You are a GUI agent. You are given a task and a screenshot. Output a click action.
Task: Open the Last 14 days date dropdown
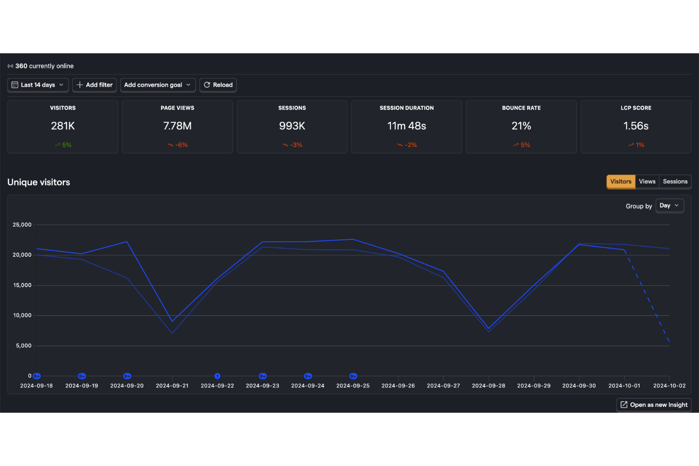coord(38,85)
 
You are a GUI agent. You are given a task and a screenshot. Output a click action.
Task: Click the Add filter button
coord(94,85)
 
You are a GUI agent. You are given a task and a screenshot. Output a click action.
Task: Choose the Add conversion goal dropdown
coord(158,85)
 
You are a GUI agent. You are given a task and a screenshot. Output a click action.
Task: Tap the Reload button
coord(218,85)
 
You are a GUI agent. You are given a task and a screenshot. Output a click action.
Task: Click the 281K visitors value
coord(63,126)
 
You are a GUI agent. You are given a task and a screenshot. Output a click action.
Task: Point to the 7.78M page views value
coord(177,126)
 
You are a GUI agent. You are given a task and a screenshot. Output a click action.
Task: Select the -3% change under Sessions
coord(292,145)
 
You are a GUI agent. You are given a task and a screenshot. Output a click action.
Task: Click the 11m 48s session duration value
coord(407,126)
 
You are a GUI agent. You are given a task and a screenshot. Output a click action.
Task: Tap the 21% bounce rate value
coord(521,126)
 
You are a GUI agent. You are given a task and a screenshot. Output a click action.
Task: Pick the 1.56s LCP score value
coord(636,126)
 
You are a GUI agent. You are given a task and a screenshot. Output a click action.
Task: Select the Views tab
coord(647,181)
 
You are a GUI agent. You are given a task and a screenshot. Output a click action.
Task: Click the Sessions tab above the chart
coord(675,181)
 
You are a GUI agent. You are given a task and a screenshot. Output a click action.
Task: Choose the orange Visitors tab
coord(621,181)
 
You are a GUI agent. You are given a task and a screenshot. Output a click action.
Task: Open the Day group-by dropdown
coord(670,205)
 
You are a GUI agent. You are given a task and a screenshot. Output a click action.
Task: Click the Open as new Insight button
coord(654,405)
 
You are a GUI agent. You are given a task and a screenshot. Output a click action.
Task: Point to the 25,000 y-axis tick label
coord(22,225)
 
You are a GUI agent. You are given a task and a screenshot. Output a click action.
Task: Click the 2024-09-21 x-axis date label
coord(172,386)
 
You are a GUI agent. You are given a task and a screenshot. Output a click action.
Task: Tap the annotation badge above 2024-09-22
coord(217,376)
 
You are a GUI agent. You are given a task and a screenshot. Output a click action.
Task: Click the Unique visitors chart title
coord(39,182)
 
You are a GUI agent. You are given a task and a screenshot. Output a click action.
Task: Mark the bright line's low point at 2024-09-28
coord(489,329)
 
